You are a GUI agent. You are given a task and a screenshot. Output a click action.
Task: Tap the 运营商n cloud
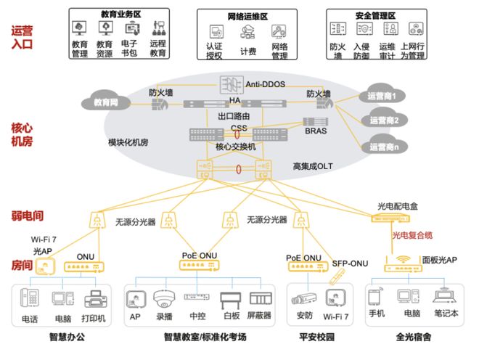point(384,146)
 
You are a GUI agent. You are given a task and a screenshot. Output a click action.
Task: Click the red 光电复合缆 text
point(414,235)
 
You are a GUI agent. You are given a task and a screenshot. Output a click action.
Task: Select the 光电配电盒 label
point(397,206)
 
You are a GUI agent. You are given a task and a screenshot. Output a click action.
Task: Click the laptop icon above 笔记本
point(444,298)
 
